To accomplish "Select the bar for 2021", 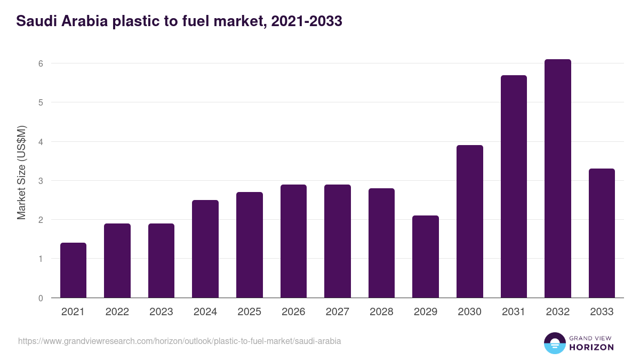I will click(73, 270).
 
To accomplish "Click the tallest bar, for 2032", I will click(557, 179).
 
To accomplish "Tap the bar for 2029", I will click(426, 257).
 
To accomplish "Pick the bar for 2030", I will click(469, 221).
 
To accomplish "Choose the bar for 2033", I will click(602, 233).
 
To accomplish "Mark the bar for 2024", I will click(205, 249).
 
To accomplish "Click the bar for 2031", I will click(514, 187).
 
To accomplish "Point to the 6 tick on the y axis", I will click(40, 63).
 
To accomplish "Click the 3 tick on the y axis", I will click(40, 181).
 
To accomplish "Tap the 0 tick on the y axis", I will click(40, 298).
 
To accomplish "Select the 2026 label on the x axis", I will click(293, 312).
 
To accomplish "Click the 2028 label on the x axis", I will click(381, 312).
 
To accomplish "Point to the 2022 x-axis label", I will click(117, 312).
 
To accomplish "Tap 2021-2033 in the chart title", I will click(307, 21).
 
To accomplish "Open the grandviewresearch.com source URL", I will click(179, 341).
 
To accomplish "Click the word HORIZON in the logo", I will click(591, 347).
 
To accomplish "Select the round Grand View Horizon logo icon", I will click(554, 343).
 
